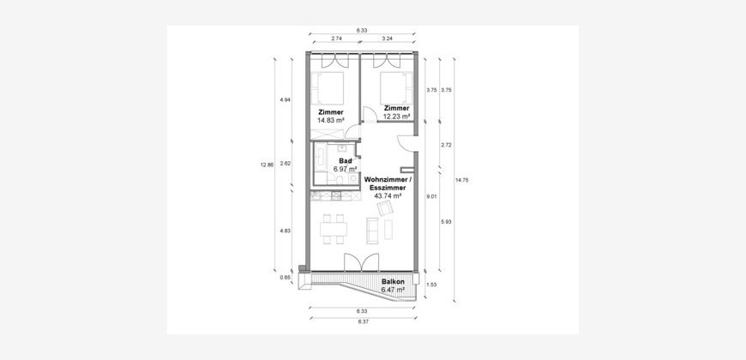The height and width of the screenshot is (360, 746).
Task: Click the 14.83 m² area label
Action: point(330,121)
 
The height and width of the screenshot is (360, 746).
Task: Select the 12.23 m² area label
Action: point(396,116)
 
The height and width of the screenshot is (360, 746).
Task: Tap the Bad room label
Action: point(345,161)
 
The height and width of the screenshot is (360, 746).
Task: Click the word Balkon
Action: point(393,281)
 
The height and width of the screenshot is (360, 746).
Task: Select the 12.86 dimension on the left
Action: point(267,165)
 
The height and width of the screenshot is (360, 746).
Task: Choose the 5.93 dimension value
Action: point(446,222)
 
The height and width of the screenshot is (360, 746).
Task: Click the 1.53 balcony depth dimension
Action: point(432,285)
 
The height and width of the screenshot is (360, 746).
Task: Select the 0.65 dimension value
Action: point(285,277)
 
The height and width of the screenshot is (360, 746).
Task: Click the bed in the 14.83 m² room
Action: point(328,87)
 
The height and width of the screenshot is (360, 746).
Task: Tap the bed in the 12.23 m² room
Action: point(396,87)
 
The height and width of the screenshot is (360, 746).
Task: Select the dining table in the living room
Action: point(334,229)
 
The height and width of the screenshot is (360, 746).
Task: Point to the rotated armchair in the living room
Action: point(384,207)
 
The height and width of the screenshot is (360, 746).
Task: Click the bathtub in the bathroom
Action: point(320,159)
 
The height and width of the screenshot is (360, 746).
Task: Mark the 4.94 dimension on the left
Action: point(285,100)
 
